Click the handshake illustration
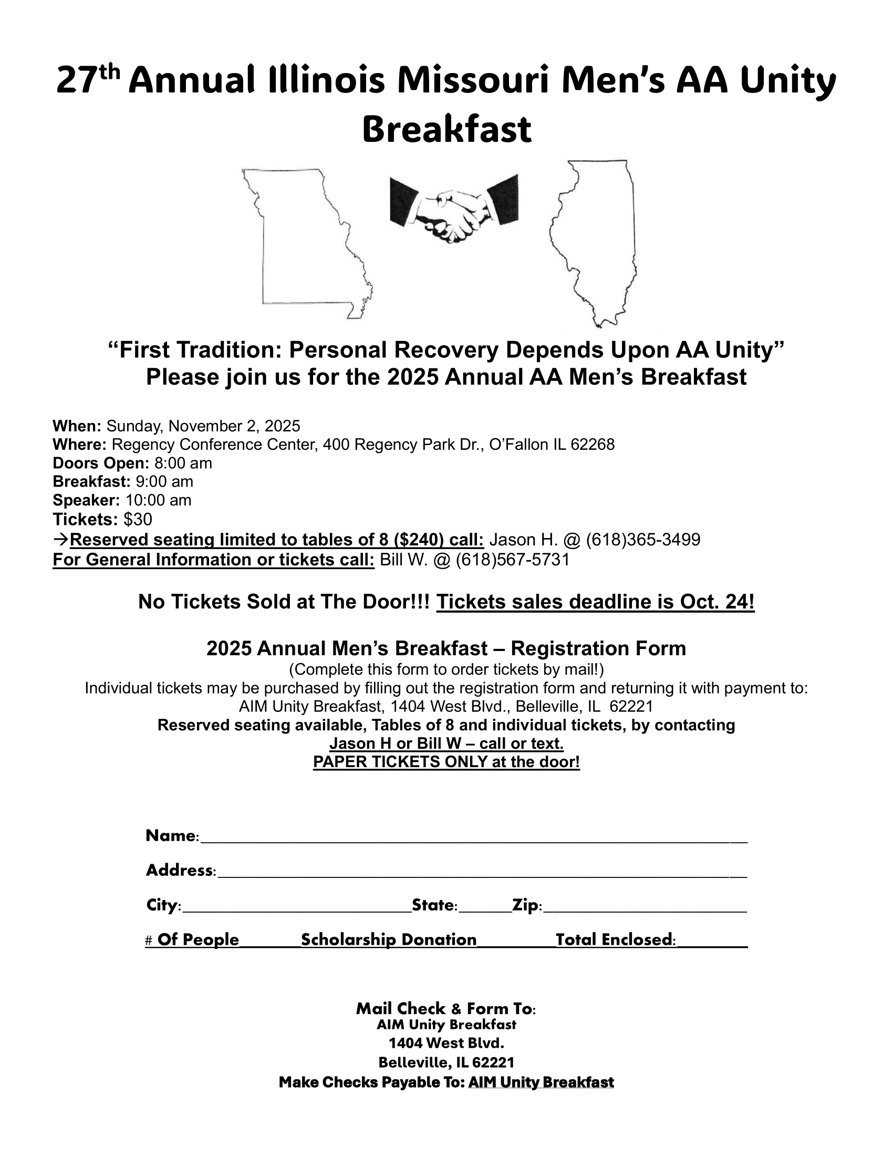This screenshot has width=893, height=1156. coord(454,208)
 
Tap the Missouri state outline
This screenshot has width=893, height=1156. coord(307,243)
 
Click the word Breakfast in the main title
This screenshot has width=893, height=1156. coord(446,130)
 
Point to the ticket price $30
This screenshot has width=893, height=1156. coord(138,519)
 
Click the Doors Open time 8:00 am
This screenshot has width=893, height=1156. coord(183,463)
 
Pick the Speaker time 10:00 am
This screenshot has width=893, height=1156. coord(159,500)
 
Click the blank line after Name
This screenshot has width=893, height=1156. coord(473,838)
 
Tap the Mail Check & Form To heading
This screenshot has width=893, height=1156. coord(446,1008)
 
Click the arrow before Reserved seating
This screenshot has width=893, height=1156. coord(61,540)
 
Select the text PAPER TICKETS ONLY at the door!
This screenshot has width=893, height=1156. coord(446,762)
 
